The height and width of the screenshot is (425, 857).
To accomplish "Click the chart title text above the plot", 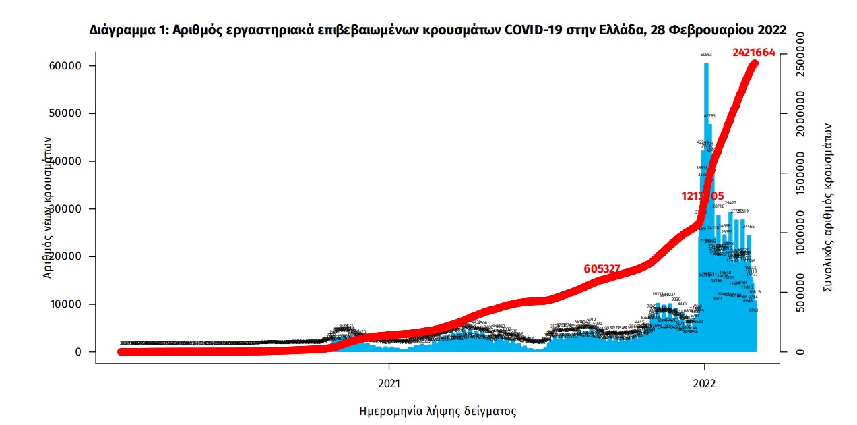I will pyautogui.click(x=438, y=30).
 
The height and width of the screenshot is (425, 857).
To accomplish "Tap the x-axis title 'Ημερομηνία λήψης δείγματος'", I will pyautogui.click(x=438, y=411).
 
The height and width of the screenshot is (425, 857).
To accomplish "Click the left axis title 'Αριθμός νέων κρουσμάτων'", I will pyautogui.click(x=48, y=206).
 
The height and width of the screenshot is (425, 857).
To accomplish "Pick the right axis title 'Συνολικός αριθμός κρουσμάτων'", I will pyautogui.click(x=828, y=208).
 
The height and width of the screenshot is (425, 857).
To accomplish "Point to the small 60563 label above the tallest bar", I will pyautogui.click(x=706, y=55).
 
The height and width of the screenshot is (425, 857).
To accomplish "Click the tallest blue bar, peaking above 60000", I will pyautogui.click(x=706, y=202).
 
